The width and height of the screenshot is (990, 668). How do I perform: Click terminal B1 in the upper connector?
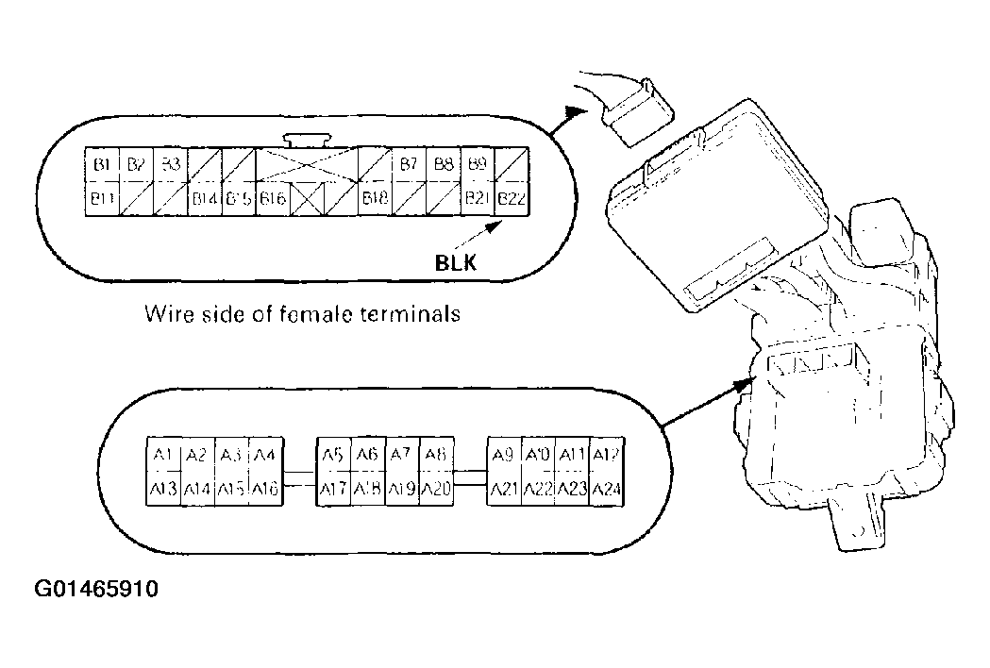pyautogui.click(x=102, y=165)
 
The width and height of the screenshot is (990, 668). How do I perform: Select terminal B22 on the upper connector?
pyautogui.click(x=511, y=199)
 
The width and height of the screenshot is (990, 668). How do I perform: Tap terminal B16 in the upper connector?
pyautogui.click(x=273, y=199)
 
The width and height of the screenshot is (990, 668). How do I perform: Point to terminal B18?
pyautogui.click(x=376, y=199)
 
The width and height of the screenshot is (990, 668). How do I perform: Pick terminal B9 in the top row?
pyautogui.click(x=478, y=165)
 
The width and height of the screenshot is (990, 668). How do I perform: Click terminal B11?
pyautogui.click(x=102, y=199)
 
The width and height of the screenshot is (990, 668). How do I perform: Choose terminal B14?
pyautogui.click(x=205, y=199)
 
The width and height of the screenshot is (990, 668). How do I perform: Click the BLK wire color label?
pyautogui.click(x=455, y=264)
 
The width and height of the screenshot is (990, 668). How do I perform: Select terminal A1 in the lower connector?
pyautogui.click(x=162, y=455)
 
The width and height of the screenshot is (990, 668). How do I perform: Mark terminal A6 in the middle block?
pyautogui.click(x=367, y=455)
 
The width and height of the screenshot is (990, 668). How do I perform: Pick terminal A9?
pyautogui.click(x=503, y=455)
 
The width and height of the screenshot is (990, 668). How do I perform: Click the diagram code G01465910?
pyautogui.click(x=96, y=591)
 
